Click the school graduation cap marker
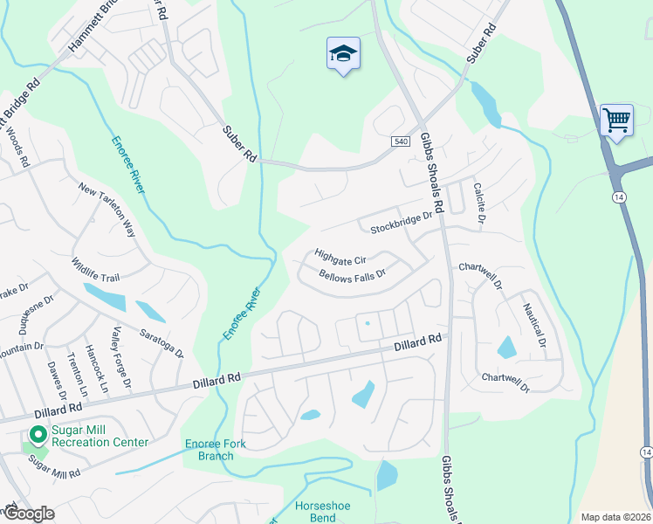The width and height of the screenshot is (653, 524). point(343,54)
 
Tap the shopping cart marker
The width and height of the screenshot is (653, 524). point(616,120)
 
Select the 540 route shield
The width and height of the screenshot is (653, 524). point(400,141)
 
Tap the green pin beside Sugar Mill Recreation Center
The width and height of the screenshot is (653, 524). point(38,434)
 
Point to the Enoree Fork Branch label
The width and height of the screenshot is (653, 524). point(216,450)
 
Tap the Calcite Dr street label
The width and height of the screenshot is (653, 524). point(478,200)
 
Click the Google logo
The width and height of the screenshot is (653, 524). point(28,514)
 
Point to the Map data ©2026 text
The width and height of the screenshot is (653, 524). point(615,517)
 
